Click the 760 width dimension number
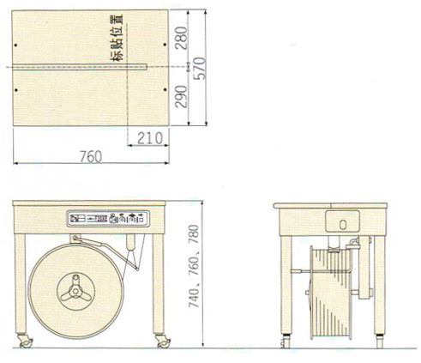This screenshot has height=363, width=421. pos(91,157)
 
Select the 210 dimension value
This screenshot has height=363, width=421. pos(150,138)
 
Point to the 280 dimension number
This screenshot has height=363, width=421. pos(182,38)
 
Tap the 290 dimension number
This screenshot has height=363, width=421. pos(182,96)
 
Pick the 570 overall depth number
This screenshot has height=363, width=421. pos(200,68)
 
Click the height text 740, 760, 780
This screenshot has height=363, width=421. pos(194,266)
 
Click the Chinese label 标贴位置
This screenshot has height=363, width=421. pos(117,38)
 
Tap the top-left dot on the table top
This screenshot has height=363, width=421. pos(15,45)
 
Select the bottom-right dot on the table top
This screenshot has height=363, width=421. pos(165,89)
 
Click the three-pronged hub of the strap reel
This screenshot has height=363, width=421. pos(75,290)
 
